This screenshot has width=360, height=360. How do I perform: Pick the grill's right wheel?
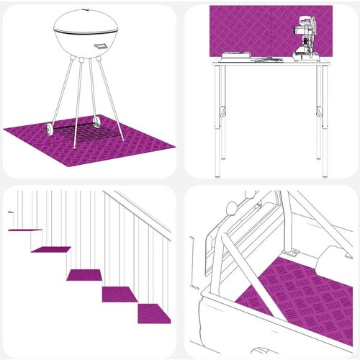coord(97,123)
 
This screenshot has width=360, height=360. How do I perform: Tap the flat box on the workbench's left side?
coord(238,56)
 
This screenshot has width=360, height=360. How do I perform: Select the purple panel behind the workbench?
coord(245,29)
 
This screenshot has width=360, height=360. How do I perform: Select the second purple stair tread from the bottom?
coord(120,294)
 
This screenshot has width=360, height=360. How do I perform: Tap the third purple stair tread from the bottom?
coord(86,274)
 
